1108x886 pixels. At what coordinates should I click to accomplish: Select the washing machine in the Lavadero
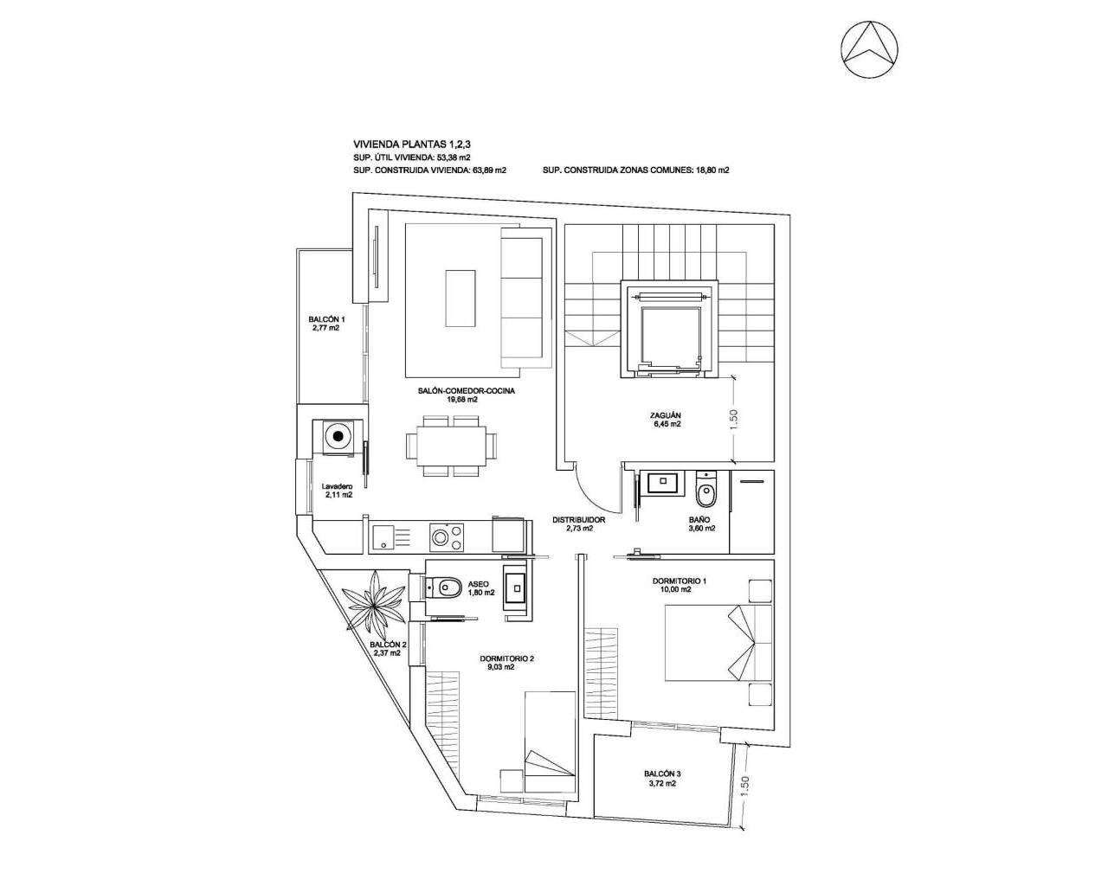pos(337,436)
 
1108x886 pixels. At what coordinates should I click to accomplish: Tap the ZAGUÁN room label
pos(666,414)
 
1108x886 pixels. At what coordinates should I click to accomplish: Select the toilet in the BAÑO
pos(706,491)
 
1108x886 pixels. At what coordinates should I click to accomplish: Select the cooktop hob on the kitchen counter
pos(447,536)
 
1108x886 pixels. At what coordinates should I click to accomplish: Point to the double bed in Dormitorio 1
pos(717,643)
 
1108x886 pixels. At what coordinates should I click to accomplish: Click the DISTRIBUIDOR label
pos(578,521)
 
